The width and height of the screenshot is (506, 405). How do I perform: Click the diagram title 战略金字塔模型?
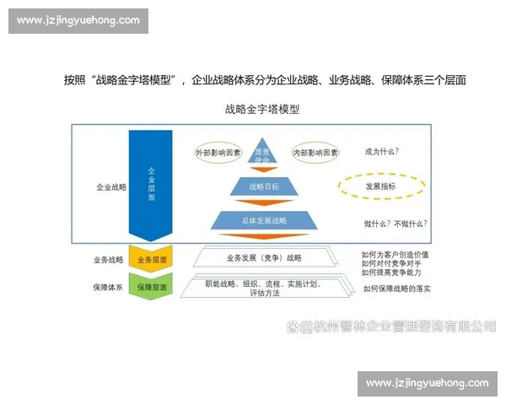point(262,109)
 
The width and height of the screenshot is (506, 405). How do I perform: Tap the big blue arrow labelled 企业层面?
point(151,181)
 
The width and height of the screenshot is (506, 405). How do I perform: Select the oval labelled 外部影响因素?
point(218,153)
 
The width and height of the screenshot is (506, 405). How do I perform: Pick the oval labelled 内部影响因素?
point(315,153)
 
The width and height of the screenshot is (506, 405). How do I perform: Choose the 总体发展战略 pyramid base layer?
point(264,221)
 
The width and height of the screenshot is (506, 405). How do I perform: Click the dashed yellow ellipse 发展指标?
point(380,186)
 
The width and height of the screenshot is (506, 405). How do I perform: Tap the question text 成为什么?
point(381,152)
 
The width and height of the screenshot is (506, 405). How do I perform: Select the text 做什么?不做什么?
point(395,223)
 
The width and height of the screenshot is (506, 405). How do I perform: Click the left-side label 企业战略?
point(110,186)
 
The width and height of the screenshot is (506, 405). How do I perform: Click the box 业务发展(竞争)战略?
point(264,257)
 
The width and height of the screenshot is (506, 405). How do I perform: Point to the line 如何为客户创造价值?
point(395,253)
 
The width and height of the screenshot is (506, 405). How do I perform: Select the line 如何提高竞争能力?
point(390,273)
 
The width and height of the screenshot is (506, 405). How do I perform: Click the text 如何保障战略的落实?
point(396,289)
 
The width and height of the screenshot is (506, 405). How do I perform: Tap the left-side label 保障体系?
point(107,287)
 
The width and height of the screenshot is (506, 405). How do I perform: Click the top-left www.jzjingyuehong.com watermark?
point(78,20)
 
